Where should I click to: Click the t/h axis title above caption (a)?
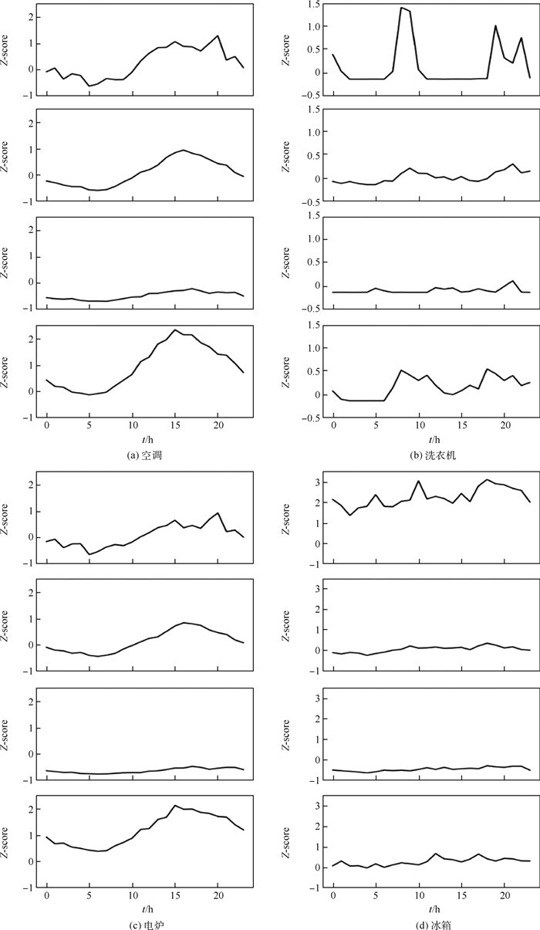pyautogui.click(x=133, y=440)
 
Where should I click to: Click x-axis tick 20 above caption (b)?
pyautogui.click(x=505, y=426)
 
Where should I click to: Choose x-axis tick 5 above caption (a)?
pyautogui.click(x=89, y=426)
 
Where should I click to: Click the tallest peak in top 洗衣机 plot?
pyautogui.click(x=402, y=8)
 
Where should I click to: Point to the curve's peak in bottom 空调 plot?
pyautogui.click(x=175, y=330)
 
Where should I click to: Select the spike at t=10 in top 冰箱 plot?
pyautogui.click(x=419, y=481)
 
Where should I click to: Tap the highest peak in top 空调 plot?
pyautogui.click(x=218, y=36)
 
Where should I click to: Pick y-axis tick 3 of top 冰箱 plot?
pyautogui.click(x=316, y=482)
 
